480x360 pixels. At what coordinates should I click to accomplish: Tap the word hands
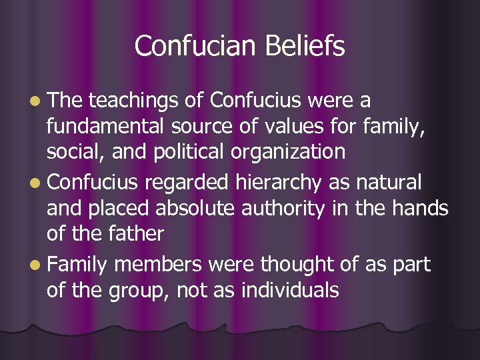coord(419,208)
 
